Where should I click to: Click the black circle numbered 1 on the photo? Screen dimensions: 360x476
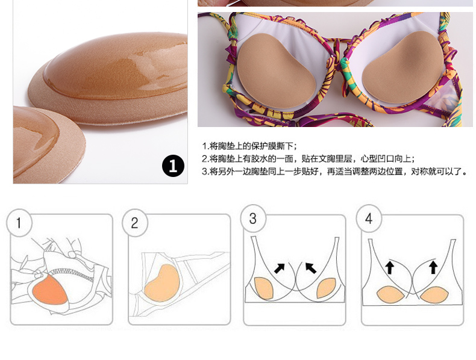pos(173,166)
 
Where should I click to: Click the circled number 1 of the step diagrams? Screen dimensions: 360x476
pos(19,223)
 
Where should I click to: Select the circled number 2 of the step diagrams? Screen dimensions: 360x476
pos(134,223)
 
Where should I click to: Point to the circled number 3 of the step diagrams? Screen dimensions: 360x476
pos(253,219)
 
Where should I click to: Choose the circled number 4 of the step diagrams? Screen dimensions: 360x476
pos(369,219)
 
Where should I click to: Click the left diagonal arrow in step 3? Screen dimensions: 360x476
pos(280,267)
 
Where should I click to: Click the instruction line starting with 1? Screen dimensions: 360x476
pos(250,146)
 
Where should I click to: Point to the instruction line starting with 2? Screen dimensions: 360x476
pos(308,159)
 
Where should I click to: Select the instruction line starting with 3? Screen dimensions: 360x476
pos(335,172)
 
